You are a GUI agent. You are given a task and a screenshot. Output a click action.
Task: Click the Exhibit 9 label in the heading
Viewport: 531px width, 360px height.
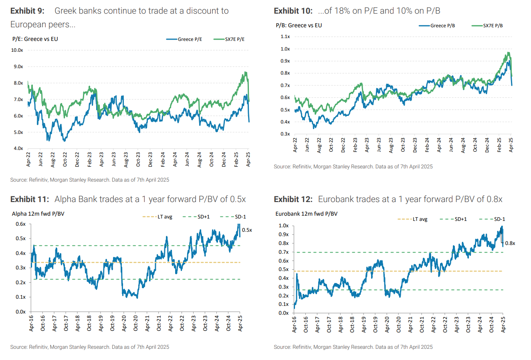click(27, 11)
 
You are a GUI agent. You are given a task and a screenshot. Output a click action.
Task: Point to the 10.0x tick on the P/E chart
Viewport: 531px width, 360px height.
click(17, 51)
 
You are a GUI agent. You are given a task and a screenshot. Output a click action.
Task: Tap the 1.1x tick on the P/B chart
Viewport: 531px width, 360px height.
click(285, 36)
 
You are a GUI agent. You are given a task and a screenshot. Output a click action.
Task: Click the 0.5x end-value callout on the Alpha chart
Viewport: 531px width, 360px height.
click(247, 230)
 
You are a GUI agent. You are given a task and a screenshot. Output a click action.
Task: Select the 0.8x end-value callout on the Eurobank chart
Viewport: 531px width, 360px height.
click(510, 243)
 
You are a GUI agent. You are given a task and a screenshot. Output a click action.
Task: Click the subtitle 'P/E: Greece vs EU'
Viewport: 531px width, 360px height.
click(35, 39)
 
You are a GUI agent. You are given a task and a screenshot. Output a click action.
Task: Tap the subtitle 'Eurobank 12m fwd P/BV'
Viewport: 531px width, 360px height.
click(306, 214)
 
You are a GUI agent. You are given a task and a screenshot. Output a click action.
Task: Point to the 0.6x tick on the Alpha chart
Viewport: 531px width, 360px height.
click(21, 224)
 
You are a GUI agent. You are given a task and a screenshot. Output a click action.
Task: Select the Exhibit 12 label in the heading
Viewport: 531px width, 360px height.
click(293, 199)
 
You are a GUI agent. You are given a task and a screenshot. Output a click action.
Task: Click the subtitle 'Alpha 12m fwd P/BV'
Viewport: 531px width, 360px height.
click(38, 214)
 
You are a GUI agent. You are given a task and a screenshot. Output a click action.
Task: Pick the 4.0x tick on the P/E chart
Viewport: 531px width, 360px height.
click(18, 148)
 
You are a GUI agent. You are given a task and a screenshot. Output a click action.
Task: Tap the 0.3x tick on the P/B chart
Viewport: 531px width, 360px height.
click(285, 134)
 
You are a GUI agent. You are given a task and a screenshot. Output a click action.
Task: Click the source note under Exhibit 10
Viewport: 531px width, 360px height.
click(353, 166)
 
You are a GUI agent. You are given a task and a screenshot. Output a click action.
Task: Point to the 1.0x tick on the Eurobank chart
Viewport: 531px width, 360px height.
click(283, 226)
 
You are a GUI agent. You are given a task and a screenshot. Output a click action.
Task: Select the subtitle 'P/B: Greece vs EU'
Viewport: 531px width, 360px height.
click(299, 25)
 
